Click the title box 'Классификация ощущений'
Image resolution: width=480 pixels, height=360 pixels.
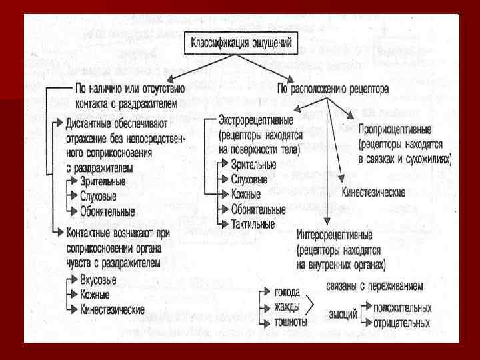245,45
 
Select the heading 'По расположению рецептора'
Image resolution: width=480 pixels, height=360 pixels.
333,88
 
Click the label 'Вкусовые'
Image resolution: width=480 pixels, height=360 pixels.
99,280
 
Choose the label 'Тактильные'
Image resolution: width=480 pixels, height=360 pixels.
253,224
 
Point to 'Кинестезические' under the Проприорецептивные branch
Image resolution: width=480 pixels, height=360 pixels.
374,192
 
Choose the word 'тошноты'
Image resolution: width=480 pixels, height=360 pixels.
290,322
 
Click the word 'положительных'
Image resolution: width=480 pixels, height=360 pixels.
403,309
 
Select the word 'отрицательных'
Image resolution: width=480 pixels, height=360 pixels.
403,323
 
